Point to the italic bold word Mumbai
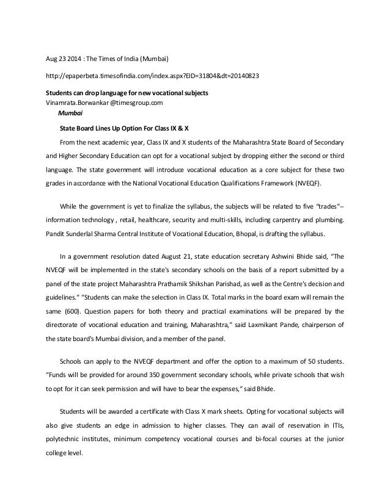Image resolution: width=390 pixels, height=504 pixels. pos(70,113)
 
